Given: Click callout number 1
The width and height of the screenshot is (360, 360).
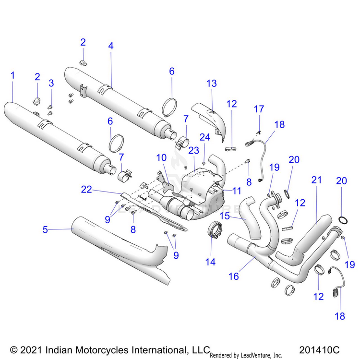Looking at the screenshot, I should coord(12,75).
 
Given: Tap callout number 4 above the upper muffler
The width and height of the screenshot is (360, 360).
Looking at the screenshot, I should coord(111,46).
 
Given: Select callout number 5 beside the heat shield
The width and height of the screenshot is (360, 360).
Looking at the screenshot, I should coord(45,229).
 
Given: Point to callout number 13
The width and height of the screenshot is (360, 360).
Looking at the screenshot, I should coord(212,84).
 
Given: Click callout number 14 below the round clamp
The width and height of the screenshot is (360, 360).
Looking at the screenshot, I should coord(211,262).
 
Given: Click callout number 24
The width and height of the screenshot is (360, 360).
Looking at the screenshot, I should coord(205,137).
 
